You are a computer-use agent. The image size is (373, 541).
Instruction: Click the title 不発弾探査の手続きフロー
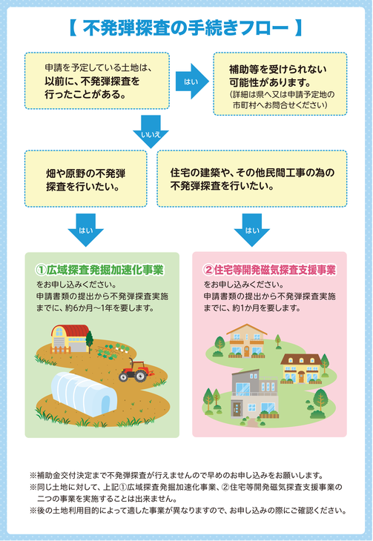click(186, 28)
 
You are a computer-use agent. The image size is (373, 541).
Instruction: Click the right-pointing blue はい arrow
click(192, 82)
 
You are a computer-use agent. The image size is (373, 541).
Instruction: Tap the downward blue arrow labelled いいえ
click(151, 131)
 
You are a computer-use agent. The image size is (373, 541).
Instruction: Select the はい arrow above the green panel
click(86, 230)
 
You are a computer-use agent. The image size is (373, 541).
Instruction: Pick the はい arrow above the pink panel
click(252, 230)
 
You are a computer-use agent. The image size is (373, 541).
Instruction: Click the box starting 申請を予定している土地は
click(97, 81)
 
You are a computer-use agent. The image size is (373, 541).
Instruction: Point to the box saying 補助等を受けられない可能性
click(280, 84)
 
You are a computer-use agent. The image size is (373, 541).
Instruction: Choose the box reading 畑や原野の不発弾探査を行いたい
click(86, 179)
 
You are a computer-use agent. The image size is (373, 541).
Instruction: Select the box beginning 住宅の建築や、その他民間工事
click(252, 179)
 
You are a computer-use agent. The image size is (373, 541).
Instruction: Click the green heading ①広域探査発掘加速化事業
click(99, 270)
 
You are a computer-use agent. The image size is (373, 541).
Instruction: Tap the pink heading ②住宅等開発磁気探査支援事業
click(269, 270)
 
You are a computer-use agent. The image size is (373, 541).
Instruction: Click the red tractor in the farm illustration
click(134, 370)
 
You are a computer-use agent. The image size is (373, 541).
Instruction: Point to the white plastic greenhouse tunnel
click(84, 394)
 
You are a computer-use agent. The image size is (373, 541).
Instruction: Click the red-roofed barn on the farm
click(70, 339)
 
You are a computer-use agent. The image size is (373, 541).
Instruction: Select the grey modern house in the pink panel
click(254, 394)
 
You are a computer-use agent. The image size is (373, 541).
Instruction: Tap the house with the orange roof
click(247, 341)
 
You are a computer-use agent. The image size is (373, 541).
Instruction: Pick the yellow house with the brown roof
click(301, 369)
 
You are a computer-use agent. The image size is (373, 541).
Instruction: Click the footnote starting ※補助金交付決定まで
click(176, 476)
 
